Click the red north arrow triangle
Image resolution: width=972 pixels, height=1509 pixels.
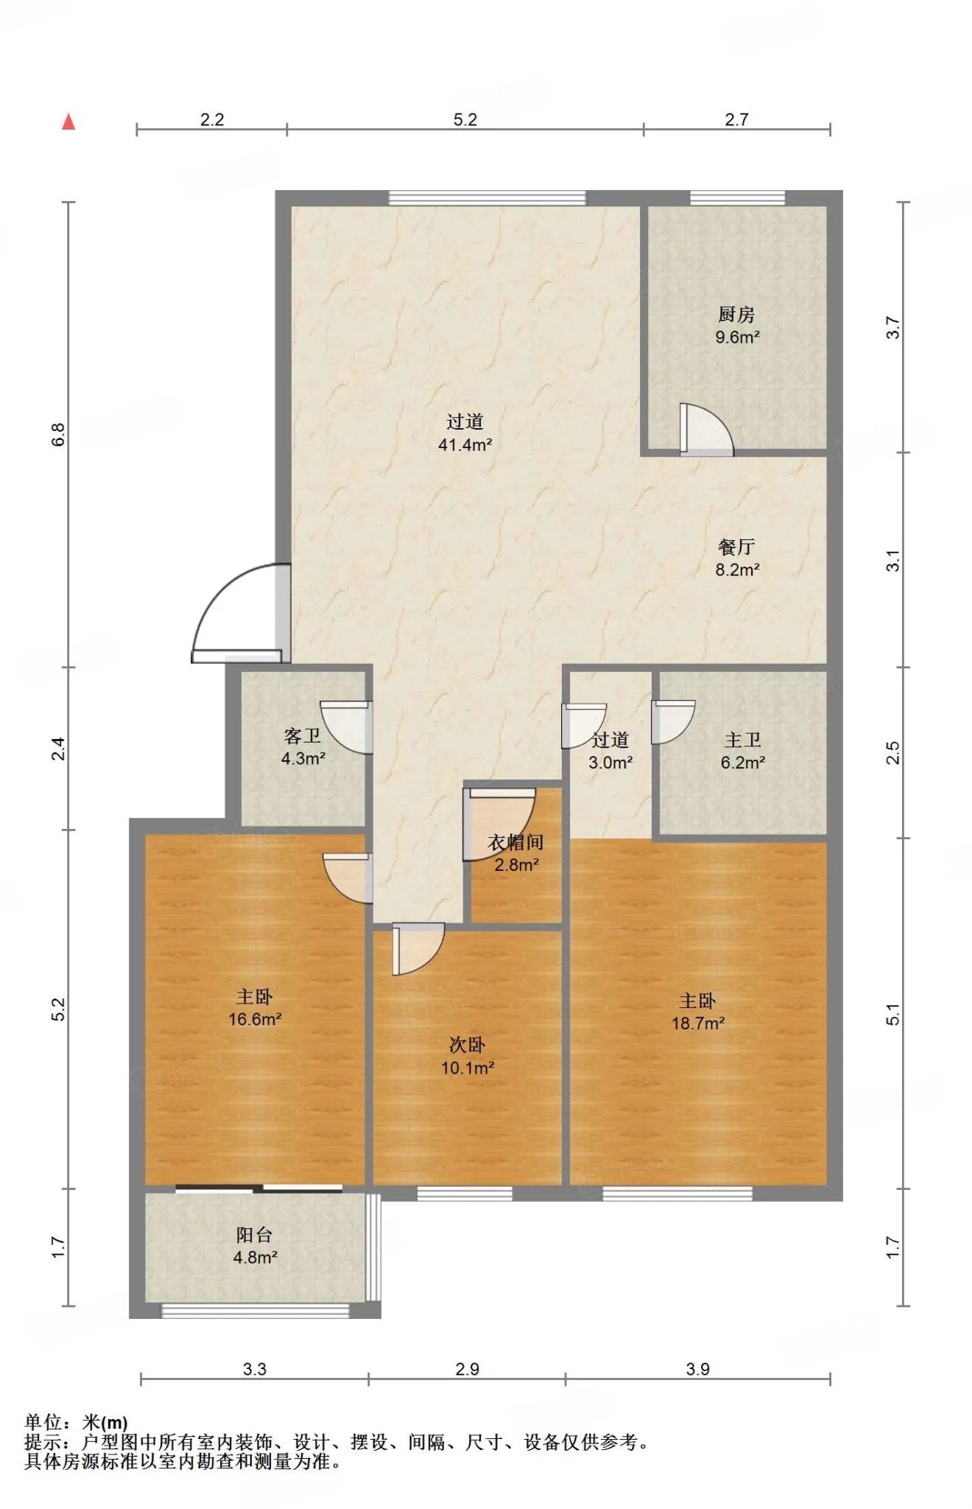click(68, 122)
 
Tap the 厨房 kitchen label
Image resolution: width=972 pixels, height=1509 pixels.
click(736, 315)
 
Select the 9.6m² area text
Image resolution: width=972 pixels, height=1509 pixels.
click(737, 337)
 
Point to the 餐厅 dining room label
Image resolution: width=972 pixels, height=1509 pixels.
click(736, 547)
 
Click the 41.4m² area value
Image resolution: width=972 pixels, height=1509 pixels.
click(465, 444)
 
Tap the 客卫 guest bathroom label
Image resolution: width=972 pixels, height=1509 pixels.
click(303, 735)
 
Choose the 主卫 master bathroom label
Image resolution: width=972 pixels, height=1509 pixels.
click(742, 740)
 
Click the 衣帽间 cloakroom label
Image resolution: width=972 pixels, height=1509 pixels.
click(515, 842)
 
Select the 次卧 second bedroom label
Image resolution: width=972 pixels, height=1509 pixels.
click(467, 1045)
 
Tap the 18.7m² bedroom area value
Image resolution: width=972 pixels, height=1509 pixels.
click(697, 1023)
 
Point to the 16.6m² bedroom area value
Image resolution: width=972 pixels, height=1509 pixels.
click(255, 1019)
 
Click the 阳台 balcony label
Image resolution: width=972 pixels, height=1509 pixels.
click(255, 1235)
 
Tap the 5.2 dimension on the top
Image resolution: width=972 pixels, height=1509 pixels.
click(465, 119)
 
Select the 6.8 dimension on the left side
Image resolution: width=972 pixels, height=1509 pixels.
click(58, 435)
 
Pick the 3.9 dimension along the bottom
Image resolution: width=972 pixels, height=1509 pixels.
click(697, 1369)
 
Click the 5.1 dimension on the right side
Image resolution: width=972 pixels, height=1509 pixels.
click(892, 1014)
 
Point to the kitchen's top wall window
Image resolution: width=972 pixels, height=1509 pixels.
click(737, 197)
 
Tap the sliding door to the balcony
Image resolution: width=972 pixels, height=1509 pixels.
click(259, 1188)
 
